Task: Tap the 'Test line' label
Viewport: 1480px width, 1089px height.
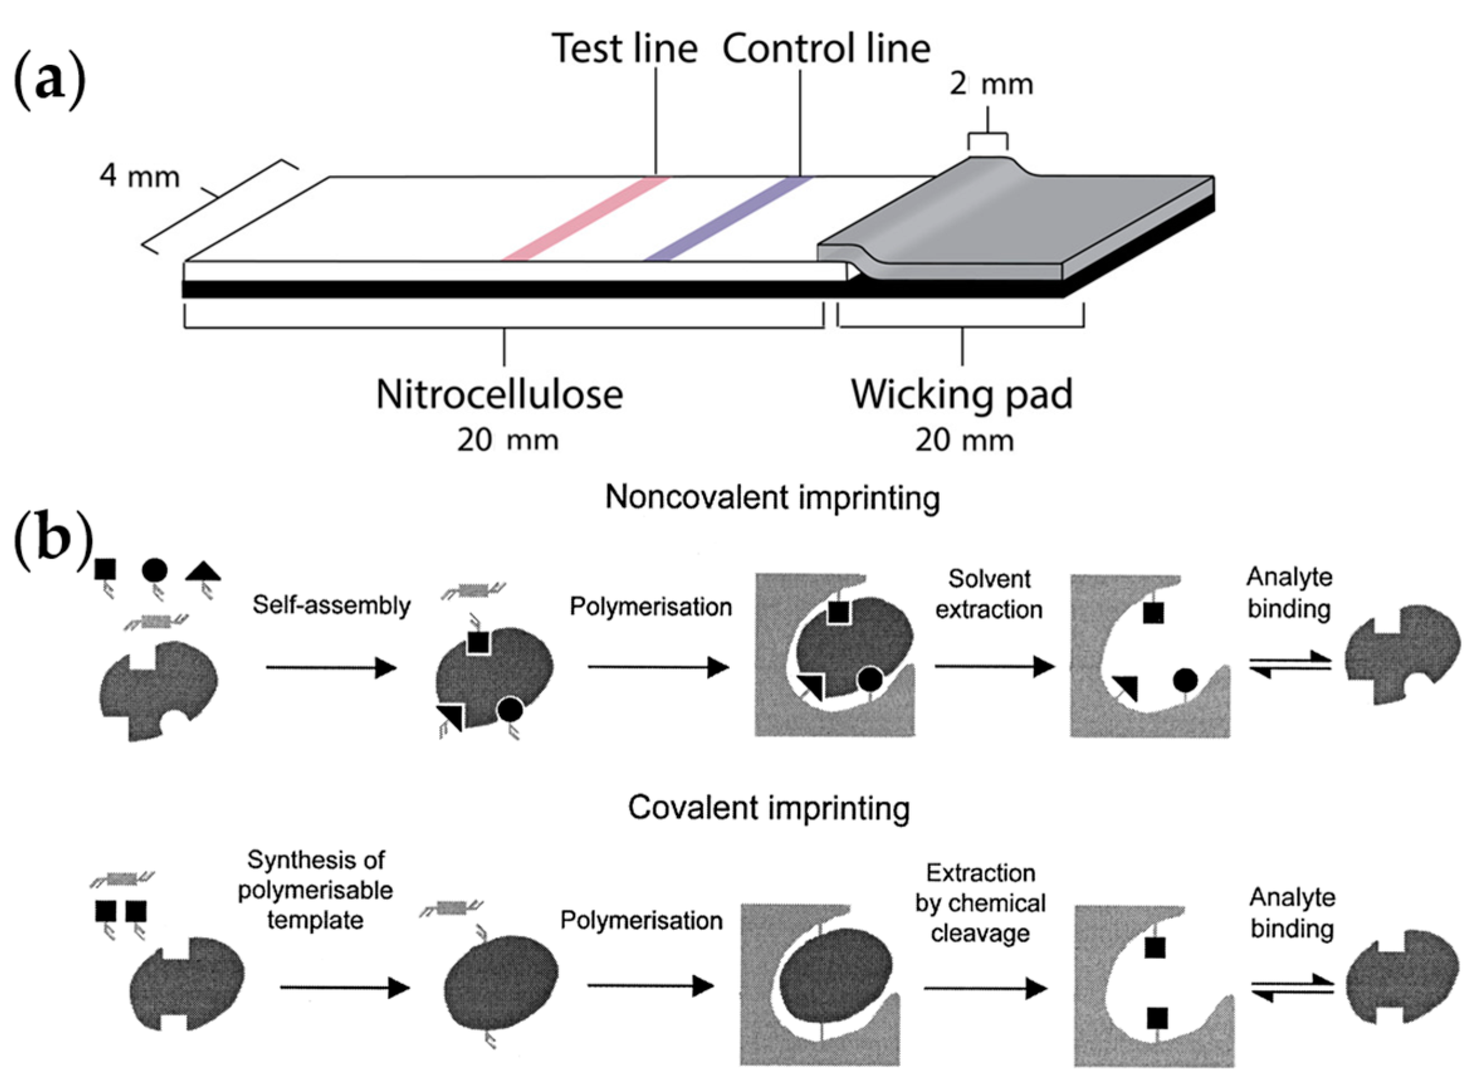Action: click(x=624, y=50)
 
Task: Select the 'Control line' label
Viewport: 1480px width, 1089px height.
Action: click(x=826, y=50)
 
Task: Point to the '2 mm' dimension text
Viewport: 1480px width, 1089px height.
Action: click(x=990, y=85)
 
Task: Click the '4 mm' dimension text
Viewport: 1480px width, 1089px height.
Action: click(x=140, y=177)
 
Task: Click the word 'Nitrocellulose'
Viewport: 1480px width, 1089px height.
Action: click(x=499, y=395)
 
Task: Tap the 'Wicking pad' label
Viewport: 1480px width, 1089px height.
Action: click(x=961, y=395)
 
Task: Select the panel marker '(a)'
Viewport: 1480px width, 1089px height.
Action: click(x=50, y=82)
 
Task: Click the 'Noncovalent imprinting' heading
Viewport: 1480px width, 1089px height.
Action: click(x=772, y=498)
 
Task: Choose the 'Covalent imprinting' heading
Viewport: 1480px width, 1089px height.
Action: click(x=769, y=807)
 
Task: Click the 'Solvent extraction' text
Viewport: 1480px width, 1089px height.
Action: click(x=989, y=594)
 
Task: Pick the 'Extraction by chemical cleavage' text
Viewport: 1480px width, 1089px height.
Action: click(x=980, y=903)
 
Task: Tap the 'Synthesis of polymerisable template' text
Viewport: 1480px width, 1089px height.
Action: click(x=315, y=890)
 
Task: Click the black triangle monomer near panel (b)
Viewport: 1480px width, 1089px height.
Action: click(x=203, y=572)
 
